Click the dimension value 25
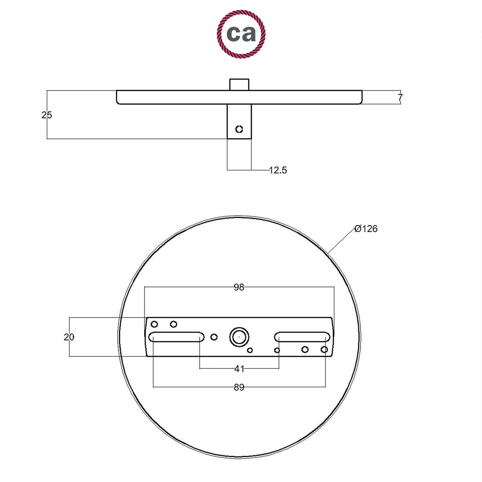[x=46, y=115]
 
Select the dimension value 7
[x=400, y=97]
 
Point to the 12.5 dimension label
[x=278, y=170]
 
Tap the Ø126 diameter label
[x=366, y=229]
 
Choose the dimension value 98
[x=239, y=287]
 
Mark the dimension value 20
[x=69, y=337]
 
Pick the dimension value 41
[x=239, y=369]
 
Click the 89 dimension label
[x=239, y=388]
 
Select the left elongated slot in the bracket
[x=176, y=337]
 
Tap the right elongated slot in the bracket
[x=302, y=337]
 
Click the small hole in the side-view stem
[x=239, y=129]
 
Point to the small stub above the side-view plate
[x=239, y=85]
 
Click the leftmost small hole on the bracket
[x=154, y=324]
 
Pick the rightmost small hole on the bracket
[x=324, y=349]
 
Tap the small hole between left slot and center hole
[x=214, y=337]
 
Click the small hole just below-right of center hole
[x=250, y=350]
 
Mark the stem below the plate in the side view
[x=239, y=121]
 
